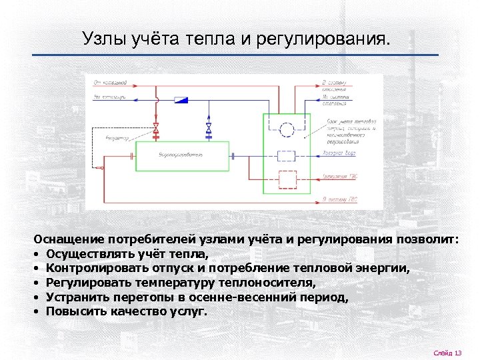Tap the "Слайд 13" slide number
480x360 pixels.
(x=447, y=352)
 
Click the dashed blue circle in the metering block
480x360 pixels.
(x=287, y=129)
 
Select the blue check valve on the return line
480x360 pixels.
(x=180, y=100)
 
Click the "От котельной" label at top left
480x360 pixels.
(x=110, y=83)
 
